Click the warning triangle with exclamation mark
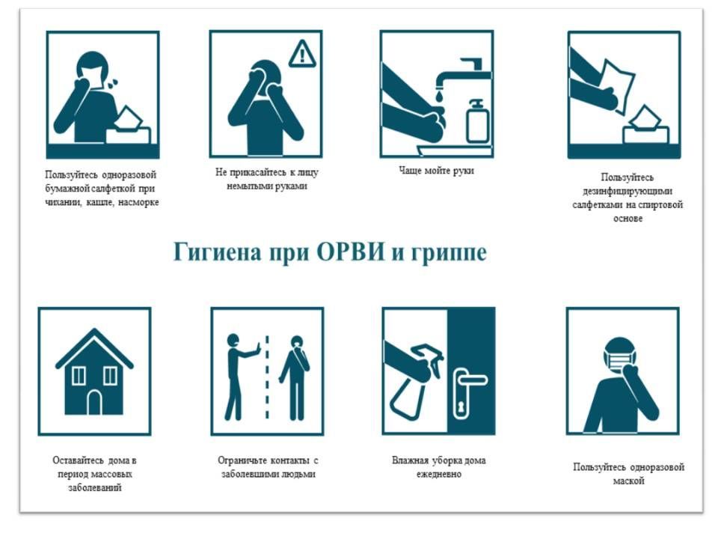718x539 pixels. [x=302, y=55]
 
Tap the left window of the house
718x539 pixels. [x=79, y=376]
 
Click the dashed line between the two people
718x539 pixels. [x=267, y=377]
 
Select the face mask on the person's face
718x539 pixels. [x=619, y=359]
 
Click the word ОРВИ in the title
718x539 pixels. [x=350, y=252]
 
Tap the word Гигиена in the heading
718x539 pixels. [x=217, y=252]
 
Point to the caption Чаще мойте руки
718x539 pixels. [x=436, y=171]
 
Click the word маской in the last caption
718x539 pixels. [x=628, y=481]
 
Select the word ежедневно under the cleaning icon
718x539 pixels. [x=439, y=474]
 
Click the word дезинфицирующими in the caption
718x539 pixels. [x=628, y=191]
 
